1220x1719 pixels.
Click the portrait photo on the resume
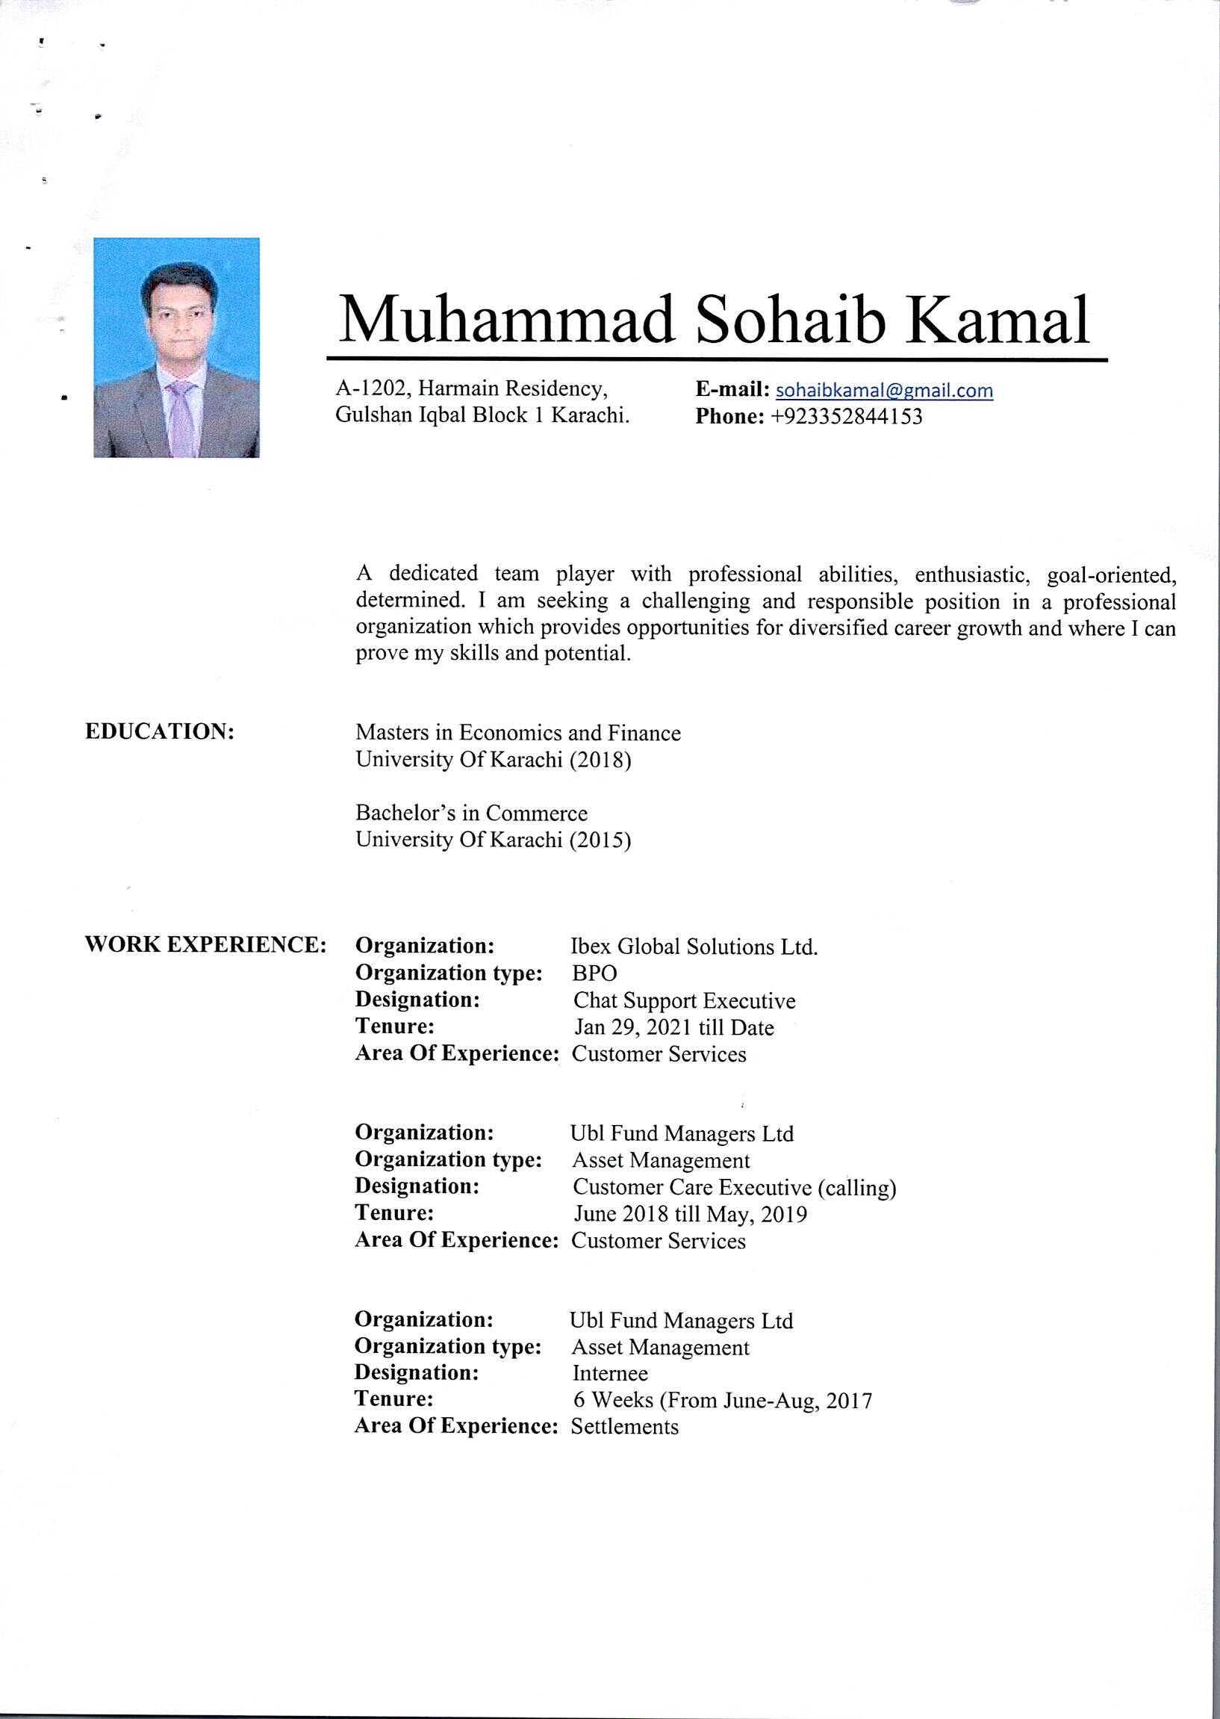176,347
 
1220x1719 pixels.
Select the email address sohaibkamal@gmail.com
884,390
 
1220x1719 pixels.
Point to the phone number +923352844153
847,416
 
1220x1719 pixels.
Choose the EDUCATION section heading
160,731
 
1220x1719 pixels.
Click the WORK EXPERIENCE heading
205,945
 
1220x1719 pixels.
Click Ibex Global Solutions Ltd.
694,947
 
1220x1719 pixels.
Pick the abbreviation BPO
594,973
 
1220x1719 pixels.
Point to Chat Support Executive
685,1000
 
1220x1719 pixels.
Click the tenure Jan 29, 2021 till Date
674,1027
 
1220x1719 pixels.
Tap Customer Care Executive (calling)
734,1188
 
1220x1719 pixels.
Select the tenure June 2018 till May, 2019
691,1214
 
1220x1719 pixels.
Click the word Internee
610,1373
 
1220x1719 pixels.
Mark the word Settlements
624,1427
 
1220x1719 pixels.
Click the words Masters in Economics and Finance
518,733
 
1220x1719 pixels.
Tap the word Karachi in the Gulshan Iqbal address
591,415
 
